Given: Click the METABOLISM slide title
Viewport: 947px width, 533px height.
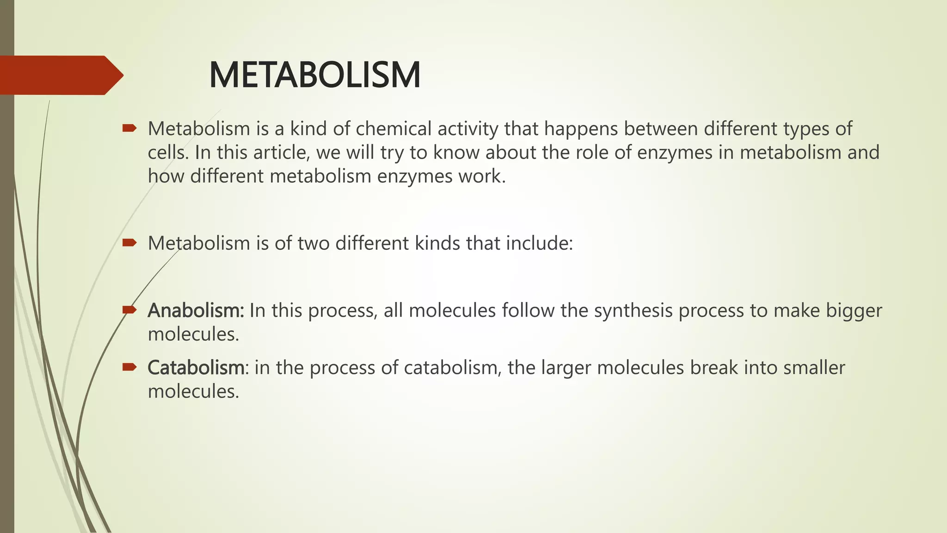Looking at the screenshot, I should (x=314, y=75).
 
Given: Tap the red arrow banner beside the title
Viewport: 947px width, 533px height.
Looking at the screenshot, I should (x=60, y=75).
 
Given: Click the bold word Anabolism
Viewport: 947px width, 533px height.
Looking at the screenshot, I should (x=196, y=310).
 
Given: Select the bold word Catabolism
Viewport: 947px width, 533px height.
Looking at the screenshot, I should (x=196, y=368).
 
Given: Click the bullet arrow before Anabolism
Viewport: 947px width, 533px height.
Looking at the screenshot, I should (x=129, y=310).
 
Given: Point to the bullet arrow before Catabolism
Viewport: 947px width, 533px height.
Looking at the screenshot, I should (x=129, y=367).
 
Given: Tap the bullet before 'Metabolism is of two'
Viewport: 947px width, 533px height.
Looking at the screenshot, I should (x=129, y=242).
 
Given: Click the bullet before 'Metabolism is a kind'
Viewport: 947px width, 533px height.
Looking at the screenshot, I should (x=129, y=128).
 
